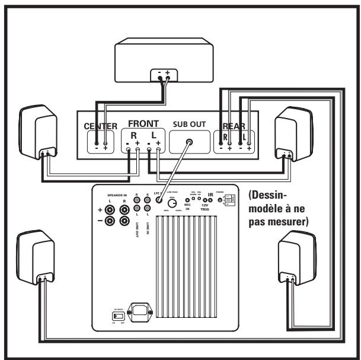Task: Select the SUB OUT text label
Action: pyautogui.click(x=189, y=125)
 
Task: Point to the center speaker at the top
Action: pyautogui.click(x=164, y=56)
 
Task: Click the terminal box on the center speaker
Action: pyautogui.click(x=164, y=75)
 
